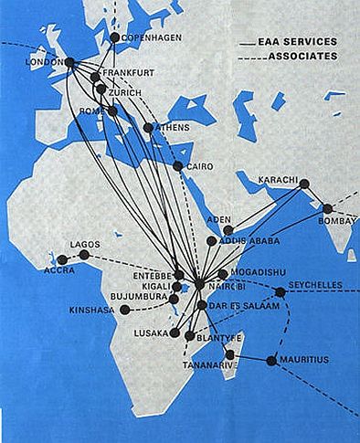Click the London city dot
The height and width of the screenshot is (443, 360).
point(69,62)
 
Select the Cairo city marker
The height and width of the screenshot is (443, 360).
point(178,165)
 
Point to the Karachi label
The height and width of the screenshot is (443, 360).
point(279,178)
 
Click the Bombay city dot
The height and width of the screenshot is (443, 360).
point(327,208)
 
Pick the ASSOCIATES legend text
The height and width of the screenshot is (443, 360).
point(302,56)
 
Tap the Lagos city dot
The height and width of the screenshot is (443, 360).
point(84,255)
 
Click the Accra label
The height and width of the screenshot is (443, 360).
point(59,271)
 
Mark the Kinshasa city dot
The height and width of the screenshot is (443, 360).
point(123,311)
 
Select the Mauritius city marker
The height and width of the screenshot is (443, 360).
point(270,361)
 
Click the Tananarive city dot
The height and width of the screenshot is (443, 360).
point(230,354)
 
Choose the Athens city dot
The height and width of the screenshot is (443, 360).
point(148,128)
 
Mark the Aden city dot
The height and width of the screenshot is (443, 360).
point(228,231)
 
